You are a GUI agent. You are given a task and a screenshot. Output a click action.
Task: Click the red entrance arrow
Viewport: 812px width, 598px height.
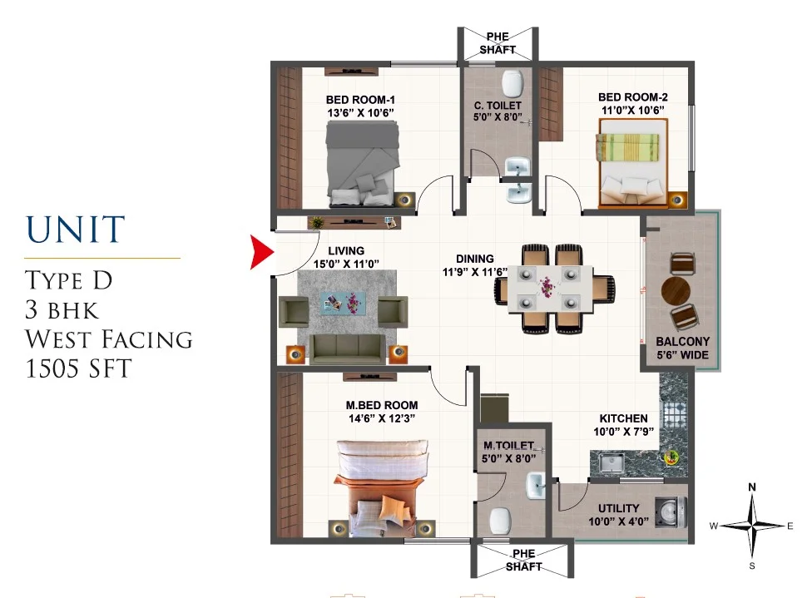[260, 252]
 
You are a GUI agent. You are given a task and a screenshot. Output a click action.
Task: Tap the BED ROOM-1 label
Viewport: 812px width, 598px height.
[360, 100]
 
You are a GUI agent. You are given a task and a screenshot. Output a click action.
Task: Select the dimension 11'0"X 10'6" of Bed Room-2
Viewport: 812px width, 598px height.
[632, 111]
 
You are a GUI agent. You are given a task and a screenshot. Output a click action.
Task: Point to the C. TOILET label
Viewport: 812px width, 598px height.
[498, 105]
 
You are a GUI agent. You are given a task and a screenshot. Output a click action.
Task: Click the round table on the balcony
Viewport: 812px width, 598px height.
[676, 291]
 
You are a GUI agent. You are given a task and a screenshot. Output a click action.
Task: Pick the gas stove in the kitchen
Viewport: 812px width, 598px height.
[675, 413]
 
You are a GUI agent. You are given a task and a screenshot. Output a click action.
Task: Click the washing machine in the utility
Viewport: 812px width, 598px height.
[671, 512]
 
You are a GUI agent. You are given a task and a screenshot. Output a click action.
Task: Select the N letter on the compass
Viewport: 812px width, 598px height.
[752, 487]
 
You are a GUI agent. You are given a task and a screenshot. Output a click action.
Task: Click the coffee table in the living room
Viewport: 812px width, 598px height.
[344, 303]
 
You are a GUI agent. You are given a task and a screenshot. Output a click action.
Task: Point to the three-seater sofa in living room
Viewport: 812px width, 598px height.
[347, 348]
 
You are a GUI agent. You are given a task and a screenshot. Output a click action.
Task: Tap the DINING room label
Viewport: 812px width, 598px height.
[475, 259]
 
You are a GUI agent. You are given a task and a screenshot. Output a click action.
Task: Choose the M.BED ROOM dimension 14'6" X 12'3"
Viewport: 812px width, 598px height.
[382, 418]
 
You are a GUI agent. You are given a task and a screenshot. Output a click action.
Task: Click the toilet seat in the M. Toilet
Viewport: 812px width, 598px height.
[501, 521]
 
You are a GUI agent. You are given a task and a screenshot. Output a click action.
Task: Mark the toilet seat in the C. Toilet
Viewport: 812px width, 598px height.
[512, 83]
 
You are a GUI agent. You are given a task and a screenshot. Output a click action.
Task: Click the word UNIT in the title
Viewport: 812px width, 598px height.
[76, 230]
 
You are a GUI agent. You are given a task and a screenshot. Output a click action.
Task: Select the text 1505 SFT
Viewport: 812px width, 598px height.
[78, 368]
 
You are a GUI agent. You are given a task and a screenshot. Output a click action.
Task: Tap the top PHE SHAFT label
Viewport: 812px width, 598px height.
[498, 43]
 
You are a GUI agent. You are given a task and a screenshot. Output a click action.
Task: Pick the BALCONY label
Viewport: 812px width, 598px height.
[682, 342]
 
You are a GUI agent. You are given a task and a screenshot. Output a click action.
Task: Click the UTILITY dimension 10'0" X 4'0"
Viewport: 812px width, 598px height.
[618, 521]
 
